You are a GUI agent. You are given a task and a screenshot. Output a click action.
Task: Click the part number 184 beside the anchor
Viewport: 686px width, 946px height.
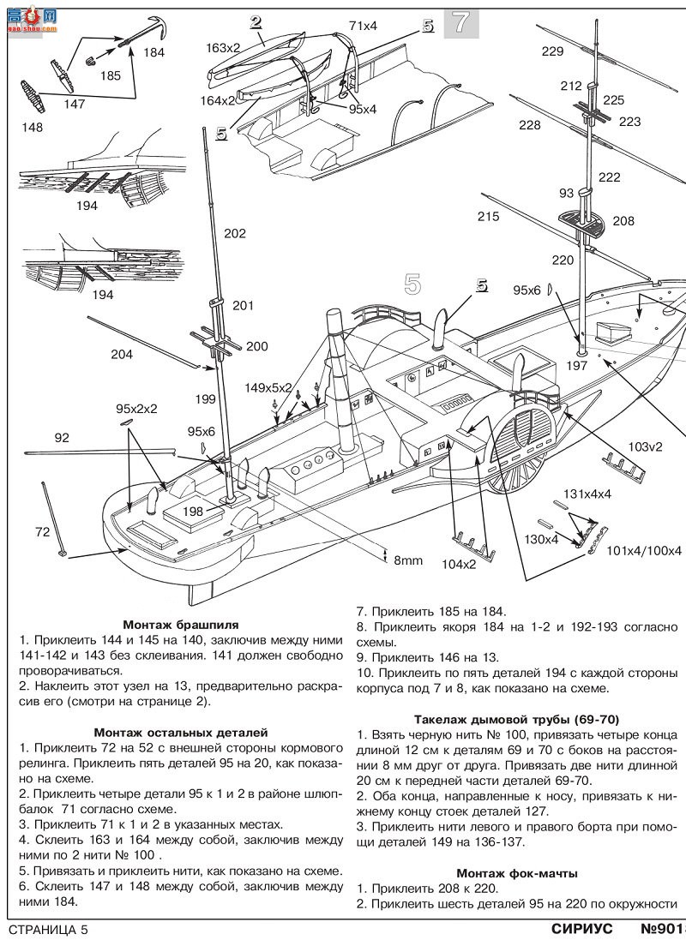point(153,52)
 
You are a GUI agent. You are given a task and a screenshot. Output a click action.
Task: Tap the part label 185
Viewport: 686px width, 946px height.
point(111,76)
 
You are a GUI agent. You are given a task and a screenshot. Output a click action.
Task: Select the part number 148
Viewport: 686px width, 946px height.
point(32,128)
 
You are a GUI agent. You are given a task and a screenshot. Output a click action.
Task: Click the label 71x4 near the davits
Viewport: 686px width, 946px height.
point(363,26)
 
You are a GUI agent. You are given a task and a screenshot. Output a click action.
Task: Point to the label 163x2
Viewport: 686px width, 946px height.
point(223,48)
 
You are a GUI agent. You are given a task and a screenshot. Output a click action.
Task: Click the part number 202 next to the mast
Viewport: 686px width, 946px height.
point(235,233)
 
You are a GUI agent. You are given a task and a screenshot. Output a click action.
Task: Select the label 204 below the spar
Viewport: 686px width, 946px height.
point(122,354)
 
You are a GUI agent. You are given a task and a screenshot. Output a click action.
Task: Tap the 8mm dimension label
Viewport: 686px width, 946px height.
point(408,560)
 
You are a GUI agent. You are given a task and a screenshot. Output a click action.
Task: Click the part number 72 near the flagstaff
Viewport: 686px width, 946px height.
point(42,531)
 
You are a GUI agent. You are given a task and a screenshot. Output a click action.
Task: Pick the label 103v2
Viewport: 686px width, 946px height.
point(645,447)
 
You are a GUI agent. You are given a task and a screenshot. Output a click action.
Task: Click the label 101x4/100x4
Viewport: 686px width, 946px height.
point(644,551)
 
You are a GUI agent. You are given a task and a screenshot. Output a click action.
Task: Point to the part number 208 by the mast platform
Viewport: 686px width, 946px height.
point(623,221)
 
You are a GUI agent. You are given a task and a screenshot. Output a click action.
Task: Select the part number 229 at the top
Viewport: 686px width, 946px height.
point(552,51)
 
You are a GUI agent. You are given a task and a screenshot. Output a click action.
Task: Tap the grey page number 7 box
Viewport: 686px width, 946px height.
point(461,23)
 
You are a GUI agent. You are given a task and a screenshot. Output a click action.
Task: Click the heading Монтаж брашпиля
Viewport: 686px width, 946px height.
point(181,625)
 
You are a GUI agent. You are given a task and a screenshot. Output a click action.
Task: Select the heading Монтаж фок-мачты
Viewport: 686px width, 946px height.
point(517,873)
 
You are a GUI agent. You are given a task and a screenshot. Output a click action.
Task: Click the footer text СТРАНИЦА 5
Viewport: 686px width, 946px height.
point(49,930)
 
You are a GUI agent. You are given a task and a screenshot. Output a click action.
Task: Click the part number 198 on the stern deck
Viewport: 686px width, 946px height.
point(193,512)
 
